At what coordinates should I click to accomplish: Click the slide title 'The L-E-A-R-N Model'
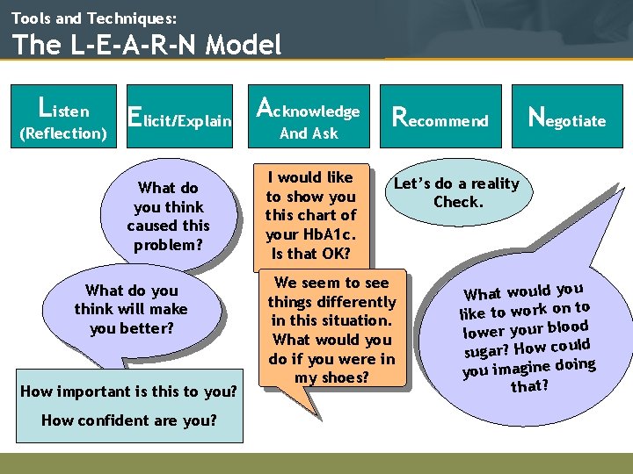[x=147, y=45]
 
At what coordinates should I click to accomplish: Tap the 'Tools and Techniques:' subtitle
[x=94, y=17]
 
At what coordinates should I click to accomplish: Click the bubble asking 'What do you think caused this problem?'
[x=168, y=216]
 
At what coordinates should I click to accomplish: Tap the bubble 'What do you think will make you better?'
[x=131, y=309]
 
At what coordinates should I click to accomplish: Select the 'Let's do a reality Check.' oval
[x=457, y=192]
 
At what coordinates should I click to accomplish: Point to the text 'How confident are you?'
[x=128, y=420]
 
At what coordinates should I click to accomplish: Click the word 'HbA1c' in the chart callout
[x=329, y=234]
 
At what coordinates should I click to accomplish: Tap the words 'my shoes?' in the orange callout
[x=331, y=377]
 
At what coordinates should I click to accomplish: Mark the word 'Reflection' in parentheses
[x=62, y=133]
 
